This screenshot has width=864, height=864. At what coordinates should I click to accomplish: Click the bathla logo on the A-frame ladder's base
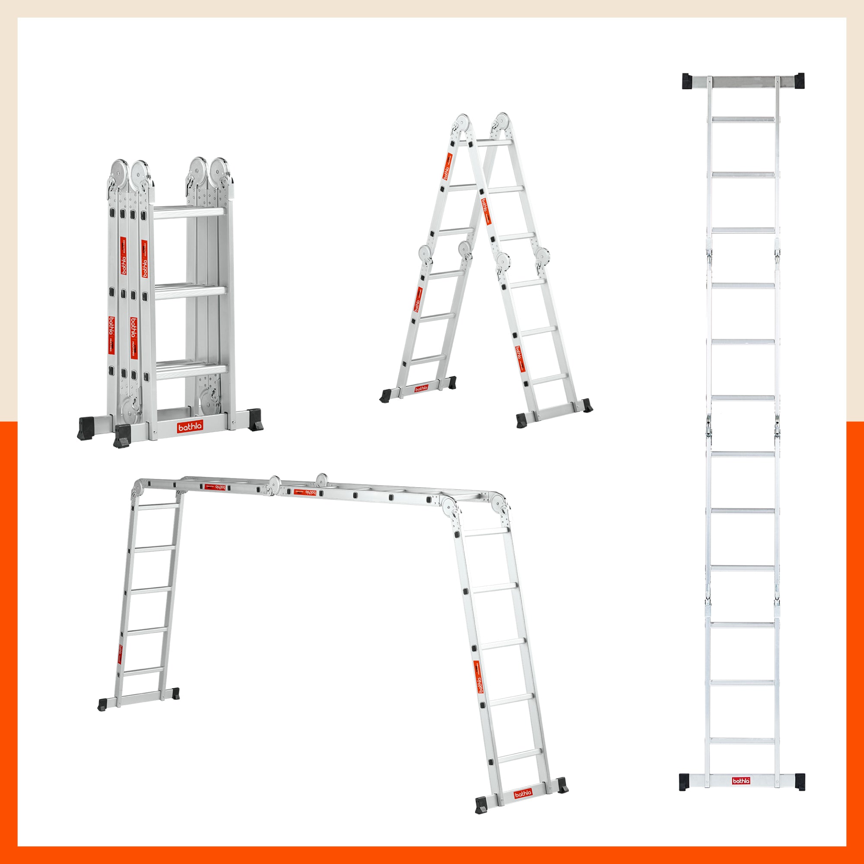coord(421,388)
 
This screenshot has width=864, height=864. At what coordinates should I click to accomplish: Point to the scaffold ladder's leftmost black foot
coord(103,705)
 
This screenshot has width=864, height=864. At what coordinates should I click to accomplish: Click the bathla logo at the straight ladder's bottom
coord(741,780)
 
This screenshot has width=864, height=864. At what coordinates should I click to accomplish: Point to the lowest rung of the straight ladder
coord(742,741)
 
